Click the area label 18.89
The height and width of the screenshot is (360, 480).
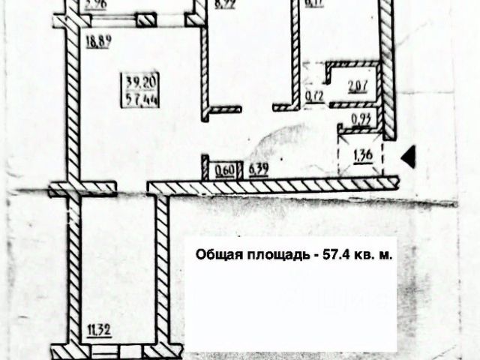coord(99,42)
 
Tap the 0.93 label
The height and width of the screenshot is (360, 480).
coord(361,118)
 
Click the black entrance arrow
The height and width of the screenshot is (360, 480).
coord(409,157)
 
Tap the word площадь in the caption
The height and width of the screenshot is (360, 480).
coord(274,254)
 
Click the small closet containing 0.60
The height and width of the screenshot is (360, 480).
coord(222,167)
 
